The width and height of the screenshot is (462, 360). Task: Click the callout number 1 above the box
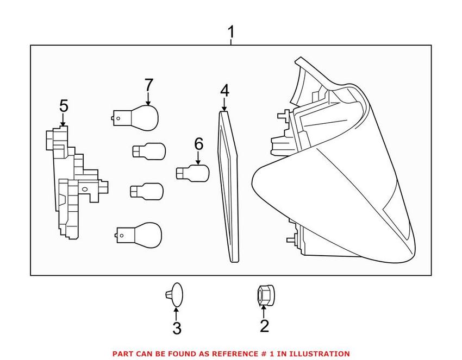[x=232, y=32]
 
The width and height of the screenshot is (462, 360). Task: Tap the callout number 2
[x=264, y=326]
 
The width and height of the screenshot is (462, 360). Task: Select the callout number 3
[x=177, y=328]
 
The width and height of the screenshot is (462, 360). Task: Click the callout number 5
[x=64, y=106]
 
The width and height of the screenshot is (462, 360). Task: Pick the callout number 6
[x=198, y=144]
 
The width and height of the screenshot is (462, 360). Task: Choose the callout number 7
[x=149, y=85]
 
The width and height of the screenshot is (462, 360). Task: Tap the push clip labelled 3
[x=174, y=295]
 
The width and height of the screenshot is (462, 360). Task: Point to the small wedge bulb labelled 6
[x=192, y=173]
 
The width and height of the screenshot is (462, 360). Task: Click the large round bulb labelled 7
[x=136, y=118]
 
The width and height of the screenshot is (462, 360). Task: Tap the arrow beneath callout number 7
[x=148, y=99]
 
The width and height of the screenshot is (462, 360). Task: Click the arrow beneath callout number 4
[x=224, y=104]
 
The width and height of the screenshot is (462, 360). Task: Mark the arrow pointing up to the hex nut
[x=264, y=312]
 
